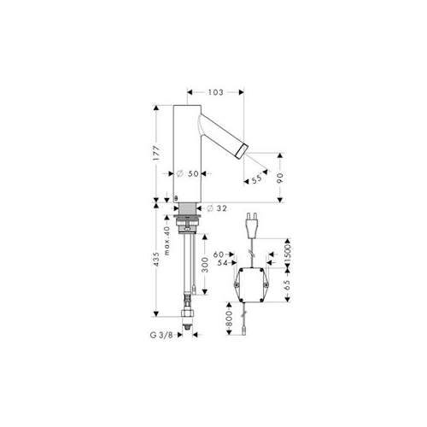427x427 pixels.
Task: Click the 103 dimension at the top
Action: coord(215,92)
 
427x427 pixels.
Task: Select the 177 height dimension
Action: coord(157,153)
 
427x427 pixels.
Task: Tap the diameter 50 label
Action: coord(187,173)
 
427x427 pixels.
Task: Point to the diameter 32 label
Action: coord(217,208)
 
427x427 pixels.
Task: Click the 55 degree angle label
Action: coord(256,178)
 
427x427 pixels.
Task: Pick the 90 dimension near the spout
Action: coord(280,178)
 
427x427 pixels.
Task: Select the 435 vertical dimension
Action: coord(156,259)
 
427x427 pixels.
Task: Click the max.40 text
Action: coord(167,241)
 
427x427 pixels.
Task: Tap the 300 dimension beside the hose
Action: coord(205,265)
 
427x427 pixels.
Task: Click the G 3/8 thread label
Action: coord(161,335)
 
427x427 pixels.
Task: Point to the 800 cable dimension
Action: coord(230,319)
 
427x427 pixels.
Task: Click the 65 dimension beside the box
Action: coord(287,285)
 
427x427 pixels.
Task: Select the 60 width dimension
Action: coord(219,254)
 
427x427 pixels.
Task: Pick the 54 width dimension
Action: coord(223,263)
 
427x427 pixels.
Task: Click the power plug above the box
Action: coord(252,225)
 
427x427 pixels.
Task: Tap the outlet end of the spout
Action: coord(242,150)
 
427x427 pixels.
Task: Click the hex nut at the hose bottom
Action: coord(188,313)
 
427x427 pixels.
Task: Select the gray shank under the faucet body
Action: coord(187,208)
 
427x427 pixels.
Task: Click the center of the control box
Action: coord(251,285)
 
